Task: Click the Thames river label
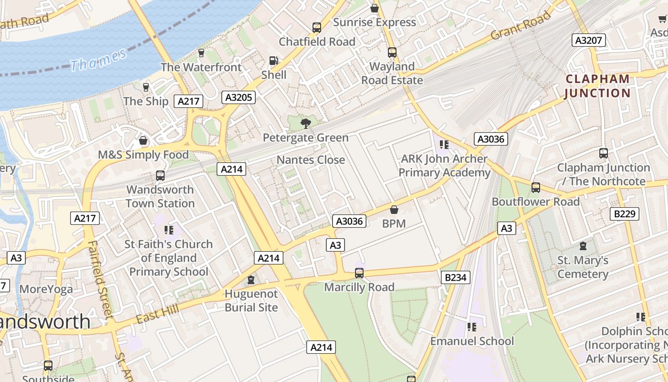click(x=98, y=59)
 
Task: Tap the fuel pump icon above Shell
click(x=274, y=61)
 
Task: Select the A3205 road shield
click(x=239, y=97)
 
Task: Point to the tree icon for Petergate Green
click(x=305, y=124)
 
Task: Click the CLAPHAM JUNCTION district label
click(x=597, y=86)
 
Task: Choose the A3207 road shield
click(x=589, y=40)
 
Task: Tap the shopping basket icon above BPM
click(x=394, y=210)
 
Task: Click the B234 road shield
click(x=455, y=277)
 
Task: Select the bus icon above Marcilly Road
click(x=359, y=273)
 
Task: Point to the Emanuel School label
click(x=472, y=341)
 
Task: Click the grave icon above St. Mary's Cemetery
click(x=583, y=246)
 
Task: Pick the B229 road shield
click(x=624, y=213)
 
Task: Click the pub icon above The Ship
click(x=146, y=87)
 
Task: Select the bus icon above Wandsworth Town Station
click(x=160, y=176)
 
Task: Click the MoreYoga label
click(x=46, y=289)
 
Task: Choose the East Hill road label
click(x=157, y=314)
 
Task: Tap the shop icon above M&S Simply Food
click(x=143, y=141)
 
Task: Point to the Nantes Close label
click(x=311, y=160)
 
